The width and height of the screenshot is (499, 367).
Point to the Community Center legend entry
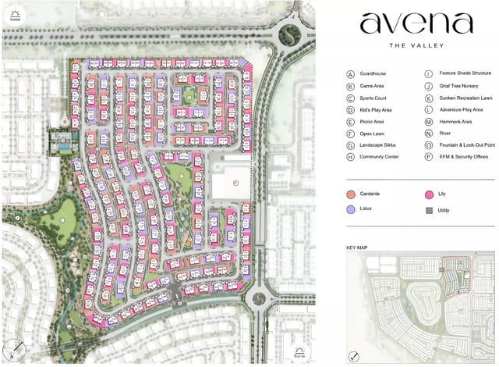pyautogui.click(x=380, y=157)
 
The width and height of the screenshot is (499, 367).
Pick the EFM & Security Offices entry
pyautogui.click(x=463, y=157)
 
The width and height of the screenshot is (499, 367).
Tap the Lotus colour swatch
pyautogui.click(x=352, y=210)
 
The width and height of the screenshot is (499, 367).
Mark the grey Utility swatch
pyautogui.click(x=430, y=210)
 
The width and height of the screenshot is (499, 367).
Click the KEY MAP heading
pyautogui.click(x=356, y=248)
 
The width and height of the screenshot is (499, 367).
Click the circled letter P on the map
pyautogui.click(x=236, y=180)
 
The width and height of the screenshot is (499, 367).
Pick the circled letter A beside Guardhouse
pyautogui.click(x=351, y=73)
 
